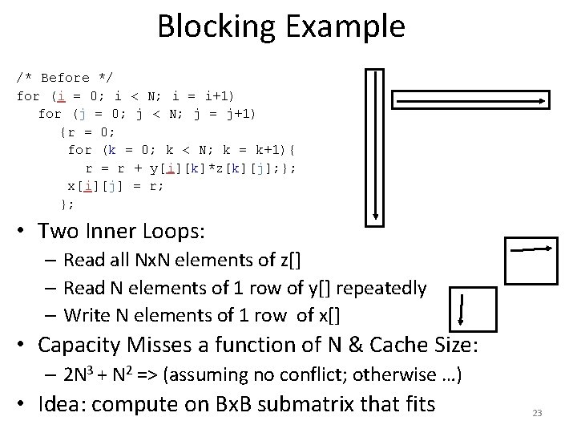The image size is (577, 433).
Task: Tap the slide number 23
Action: coord(537,413)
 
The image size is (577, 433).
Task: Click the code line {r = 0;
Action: coord(88,132)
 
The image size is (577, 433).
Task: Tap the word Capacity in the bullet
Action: coord(82,345)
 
